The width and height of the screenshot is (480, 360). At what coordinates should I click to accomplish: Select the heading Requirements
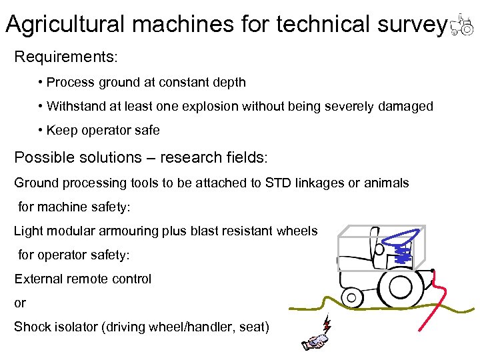65,56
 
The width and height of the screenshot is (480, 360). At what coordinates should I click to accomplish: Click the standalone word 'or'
20,303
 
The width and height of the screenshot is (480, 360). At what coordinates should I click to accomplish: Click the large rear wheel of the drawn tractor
400,284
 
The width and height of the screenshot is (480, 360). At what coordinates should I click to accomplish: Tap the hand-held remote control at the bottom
313,342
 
